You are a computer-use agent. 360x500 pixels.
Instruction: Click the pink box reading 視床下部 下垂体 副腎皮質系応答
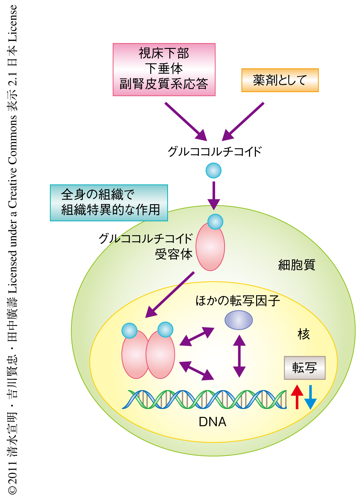pyautogui.click(x=164, y=70)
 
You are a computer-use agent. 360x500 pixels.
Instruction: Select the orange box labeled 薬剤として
pyautogui.click(x=280, y=80)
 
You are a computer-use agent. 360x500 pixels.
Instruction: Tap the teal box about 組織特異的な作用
pyautogui.click(x=109, y=203)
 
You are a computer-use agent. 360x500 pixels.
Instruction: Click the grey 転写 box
pyautogui.click(x=304, y=368)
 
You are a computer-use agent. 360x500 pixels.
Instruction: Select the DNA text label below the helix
pyautogui.click(x=212, y=422)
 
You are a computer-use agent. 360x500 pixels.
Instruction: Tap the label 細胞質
pyautogui.click(x=297, y=265)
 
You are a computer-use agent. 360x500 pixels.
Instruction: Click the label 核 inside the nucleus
pyautogui.click(x=304, y=334)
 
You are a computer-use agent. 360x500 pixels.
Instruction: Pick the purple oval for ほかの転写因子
pyautogui.click(x=238, y=320)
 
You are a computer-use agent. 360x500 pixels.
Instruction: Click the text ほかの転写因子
pyautogui.click(x=238, y=301)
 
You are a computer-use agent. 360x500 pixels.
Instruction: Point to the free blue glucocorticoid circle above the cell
pyautogui.click(x=214, y=171)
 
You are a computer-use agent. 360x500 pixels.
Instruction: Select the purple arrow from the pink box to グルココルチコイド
pyautogui.click(x=186, y=121)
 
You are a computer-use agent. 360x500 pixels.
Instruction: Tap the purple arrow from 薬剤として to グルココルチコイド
pyautogui.click(x=243, y=121)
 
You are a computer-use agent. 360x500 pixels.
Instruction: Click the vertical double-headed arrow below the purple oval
pyautogui.click(x=239, y=356)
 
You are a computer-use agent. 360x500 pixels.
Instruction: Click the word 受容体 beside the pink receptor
pyautogui.click(x=174, y=254)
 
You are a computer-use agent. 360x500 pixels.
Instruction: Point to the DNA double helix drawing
pyautogui.click(x=204, y=399)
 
